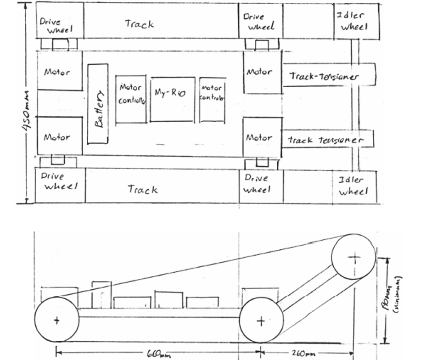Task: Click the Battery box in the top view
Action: (x=98, y=104)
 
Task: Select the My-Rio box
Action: (x=172, y=99)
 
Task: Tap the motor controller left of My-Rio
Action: (x=131, y=99)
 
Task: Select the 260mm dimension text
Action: (x=303, y=354)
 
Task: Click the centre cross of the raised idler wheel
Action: (x=353, y=258)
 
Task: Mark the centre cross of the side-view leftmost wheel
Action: (x=56, y=320)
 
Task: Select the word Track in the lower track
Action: (x=142, y=189)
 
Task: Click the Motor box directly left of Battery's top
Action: (x=59, y=72)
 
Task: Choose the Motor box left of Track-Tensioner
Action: (x=262, y=72)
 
